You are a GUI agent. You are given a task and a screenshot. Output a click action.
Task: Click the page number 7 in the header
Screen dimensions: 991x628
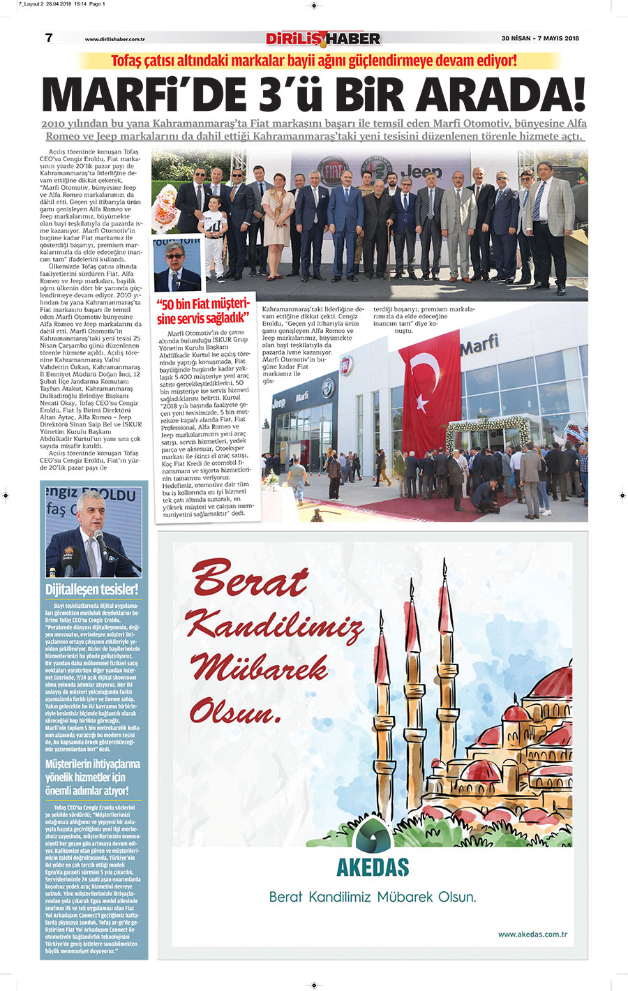pos(49,38)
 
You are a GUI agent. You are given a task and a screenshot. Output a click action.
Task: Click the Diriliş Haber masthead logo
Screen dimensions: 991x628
pos(323,38)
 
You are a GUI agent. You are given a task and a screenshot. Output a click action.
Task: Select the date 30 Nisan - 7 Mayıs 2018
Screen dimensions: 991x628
pos(540,38)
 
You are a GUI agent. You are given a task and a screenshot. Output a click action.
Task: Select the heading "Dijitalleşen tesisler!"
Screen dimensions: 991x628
pos(92,589)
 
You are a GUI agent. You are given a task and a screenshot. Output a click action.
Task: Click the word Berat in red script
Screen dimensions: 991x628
pos(250,579)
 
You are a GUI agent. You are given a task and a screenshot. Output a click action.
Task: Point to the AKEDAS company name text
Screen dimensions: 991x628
pos(373,868)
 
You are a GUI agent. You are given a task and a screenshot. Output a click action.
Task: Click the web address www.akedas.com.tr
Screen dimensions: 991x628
pos(532,934)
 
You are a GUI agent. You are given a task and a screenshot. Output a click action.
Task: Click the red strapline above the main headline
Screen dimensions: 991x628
pos(314,61)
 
